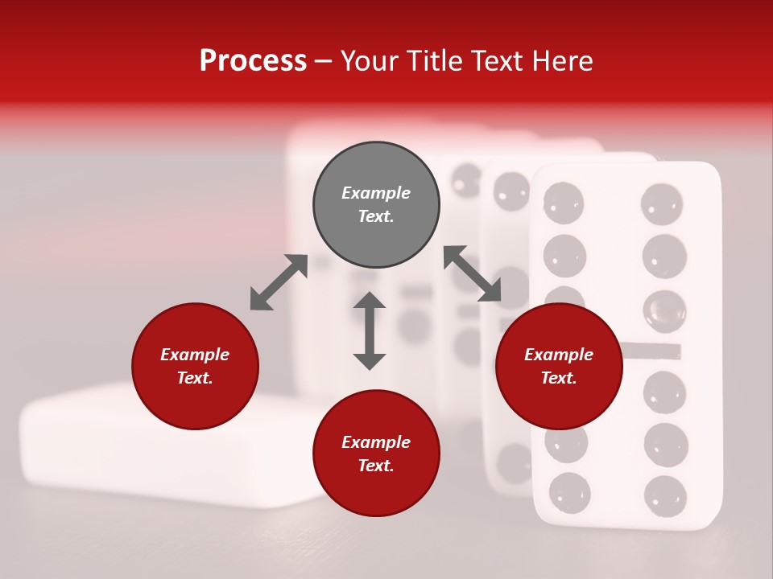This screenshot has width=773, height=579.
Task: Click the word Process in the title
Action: (253, 61)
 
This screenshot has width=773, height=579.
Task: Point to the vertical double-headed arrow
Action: (370, 331)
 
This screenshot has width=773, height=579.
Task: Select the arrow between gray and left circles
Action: (279, 282)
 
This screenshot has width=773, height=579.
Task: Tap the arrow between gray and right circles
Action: (472, 274)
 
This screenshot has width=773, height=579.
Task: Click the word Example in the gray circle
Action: (376, 193)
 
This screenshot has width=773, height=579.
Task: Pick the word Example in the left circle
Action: (195, 355)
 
